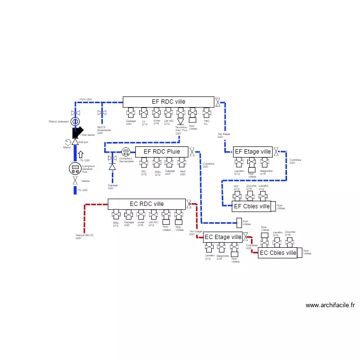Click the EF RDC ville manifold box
coord(168,102)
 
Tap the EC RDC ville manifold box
coord(146,204)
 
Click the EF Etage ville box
coord(252,152)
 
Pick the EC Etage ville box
coord(223,237)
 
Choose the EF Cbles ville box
coord(252,206)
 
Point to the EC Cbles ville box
coord(278,253)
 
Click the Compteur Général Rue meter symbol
coord(75,168)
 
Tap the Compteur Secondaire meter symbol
coord(126,152)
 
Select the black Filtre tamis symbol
coord(77,132)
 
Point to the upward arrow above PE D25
coord(81,154)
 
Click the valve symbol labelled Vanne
coord(75,181)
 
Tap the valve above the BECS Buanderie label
coord(102,113)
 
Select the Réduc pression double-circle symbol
coord(74,121)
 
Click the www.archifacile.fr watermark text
coord(330,305)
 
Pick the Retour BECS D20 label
coord(84,237)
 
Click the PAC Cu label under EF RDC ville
coord(206,122)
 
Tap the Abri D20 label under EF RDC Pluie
coord(182,172)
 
